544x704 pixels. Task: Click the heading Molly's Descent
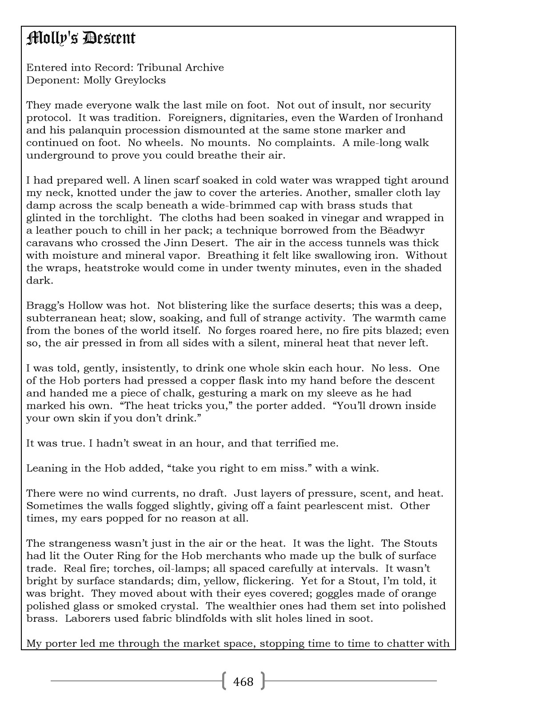(81, 38)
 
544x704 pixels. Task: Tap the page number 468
(243, 681)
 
